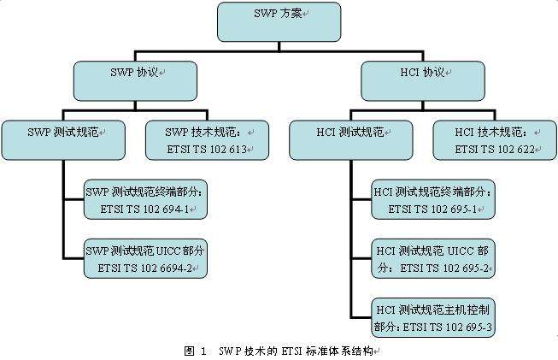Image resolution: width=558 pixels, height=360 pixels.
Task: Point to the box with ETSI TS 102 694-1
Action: (x=146, y=198)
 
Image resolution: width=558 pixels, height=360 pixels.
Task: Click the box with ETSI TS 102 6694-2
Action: (x=146, y=258)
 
